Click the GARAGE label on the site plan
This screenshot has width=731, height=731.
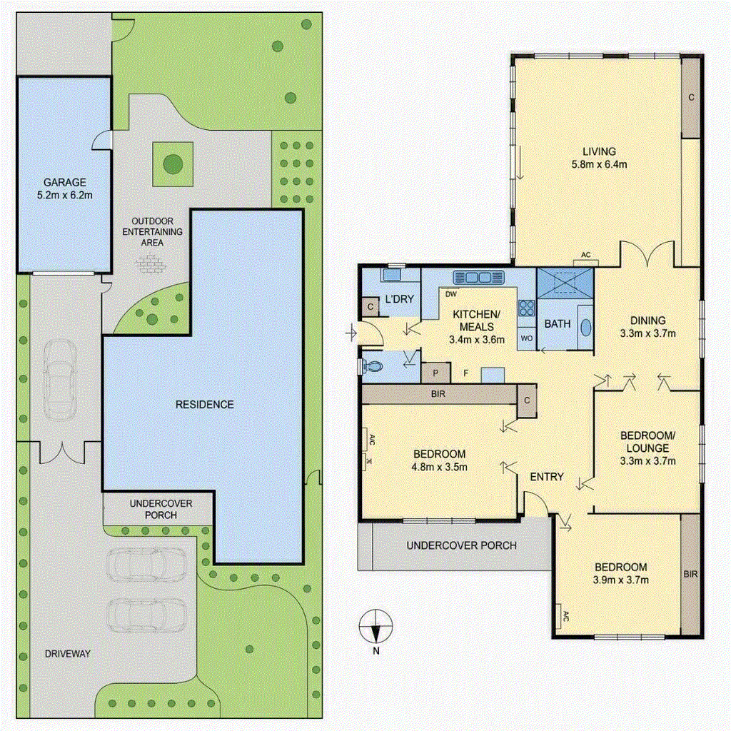pyautogui.click(x=65, y=182)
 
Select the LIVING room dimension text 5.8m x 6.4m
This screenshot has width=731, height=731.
pyautogui.click(x=599, y=164)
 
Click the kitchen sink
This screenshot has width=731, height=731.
pyautogui.click(x=479, y=278)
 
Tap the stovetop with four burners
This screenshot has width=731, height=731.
pyautogui.click(x=526, y=308)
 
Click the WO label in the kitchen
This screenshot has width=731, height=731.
pyautogui.click(x=526, y=338)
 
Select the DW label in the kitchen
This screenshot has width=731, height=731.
pyautogui.click(x=451, y=294)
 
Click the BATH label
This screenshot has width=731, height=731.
pyautogui.click(x=557, y=323)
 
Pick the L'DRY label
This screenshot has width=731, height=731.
pyautogui.click(x=400, y=299)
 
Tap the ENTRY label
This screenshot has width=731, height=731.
pyautogui.click(x=547, y=476)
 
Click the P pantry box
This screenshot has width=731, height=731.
pyautogui.click(x=436, y=373)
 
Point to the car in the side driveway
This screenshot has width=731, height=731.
pyautogui.click(x=59, y=380)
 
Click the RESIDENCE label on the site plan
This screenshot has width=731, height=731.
pyautogui.click(x=205, y=404)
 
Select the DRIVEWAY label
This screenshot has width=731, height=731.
pyautogui.click(x=68, y=654)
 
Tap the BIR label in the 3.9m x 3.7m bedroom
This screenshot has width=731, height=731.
pyautogui.click(x=690, y=574)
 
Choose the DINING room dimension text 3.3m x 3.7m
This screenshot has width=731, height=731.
pyautogui.click(x=647, y=333)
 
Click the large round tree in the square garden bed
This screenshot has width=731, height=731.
pyautogui.click(x=173, y=163)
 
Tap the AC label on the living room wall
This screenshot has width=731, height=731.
pyautogui.click(x=586, y=255)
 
